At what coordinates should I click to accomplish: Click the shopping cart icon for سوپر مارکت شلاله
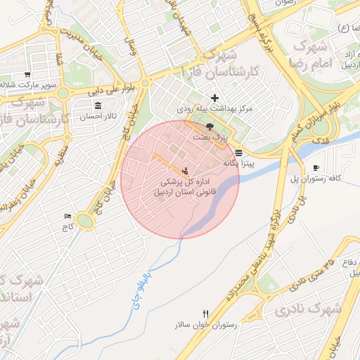coord(27,75)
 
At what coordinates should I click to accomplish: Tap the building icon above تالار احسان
coord(96,107)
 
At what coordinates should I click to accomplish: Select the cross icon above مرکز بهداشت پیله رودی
coord(214,98)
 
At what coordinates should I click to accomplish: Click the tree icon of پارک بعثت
coord(210,125)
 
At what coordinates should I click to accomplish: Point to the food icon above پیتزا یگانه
coord(240,152)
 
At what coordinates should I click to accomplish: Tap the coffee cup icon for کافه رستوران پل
coord(316,167)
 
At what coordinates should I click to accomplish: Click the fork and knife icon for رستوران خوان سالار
coord(205,314)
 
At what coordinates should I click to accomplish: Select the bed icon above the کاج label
coord(67,216)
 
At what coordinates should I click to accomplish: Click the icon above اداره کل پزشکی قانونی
coord(186,171)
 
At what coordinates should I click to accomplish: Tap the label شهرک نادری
coord(308,309)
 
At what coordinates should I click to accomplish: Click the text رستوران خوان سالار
coord(206,326)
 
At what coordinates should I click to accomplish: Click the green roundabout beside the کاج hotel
coord(85,222)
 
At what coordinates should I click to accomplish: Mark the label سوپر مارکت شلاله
coord(27,85)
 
